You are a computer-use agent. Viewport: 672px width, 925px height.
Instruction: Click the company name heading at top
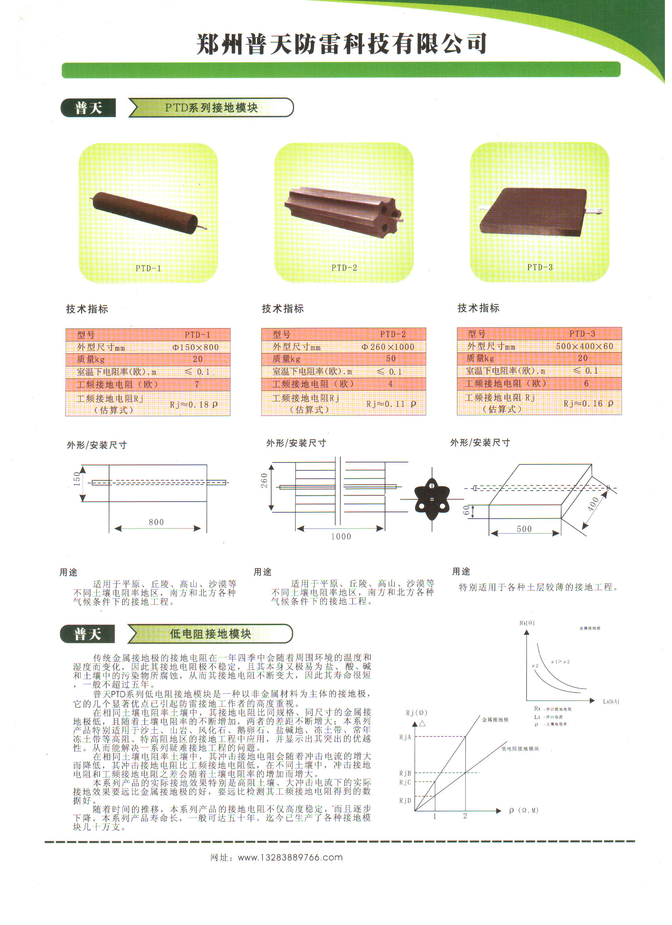tap(342, 44)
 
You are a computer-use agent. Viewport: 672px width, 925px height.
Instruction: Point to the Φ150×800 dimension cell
tap(195, 347)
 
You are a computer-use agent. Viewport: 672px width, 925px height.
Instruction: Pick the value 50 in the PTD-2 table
tap(391, 359)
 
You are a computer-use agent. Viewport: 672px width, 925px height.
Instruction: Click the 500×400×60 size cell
tap(584, 347)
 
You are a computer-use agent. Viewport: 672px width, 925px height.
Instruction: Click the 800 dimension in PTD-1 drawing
tap(156, 523)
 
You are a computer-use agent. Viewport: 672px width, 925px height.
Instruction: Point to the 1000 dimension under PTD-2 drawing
tap(341, 537)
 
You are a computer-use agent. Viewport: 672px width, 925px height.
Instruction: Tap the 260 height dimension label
tap(264, 480)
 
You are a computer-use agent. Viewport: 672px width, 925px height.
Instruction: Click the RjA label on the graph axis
tap(405, 737)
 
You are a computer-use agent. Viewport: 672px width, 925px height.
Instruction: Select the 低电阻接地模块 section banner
tap(210, 634)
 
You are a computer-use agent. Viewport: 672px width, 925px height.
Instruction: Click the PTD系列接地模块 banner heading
tap(211, 108)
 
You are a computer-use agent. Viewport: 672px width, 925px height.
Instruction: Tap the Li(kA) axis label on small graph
tap(611, 702)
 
